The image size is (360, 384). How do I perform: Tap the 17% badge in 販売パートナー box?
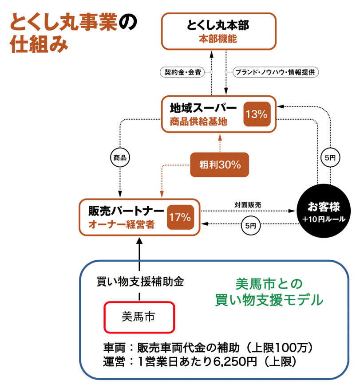[179, 217]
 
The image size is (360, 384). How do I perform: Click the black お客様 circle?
[320, 212]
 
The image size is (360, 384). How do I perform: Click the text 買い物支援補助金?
[140, 282]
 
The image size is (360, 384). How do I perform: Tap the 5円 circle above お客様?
[329, 157]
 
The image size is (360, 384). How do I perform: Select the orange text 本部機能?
[218, 39]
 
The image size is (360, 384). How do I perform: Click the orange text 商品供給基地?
[198, 122]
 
